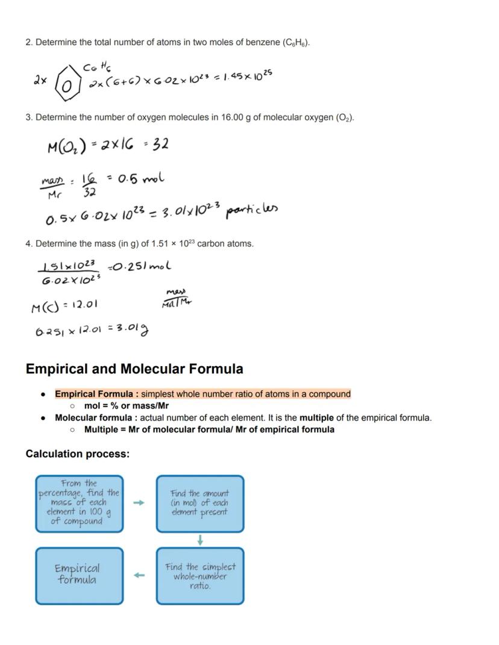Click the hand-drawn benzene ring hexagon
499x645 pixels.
[x=68, y=86]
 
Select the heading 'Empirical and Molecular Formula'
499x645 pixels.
[x=134, y=369]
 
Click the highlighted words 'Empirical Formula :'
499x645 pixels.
[x=96, y=394]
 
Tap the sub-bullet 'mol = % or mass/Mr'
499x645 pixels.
[x=127, y=405]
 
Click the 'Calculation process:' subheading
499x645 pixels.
[x=77, y=453]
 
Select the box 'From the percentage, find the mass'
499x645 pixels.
[x=79, y=503]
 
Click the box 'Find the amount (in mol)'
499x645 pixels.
[x=200, y=503]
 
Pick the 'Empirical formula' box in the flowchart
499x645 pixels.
[x=79, y=575]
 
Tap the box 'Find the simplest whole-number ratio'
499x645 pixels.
[x=200, y=575]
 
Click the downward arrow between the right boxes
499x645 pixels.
[x=200, y=540]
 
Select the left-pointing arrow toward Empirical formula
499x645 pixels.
[x=139, y=575]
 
